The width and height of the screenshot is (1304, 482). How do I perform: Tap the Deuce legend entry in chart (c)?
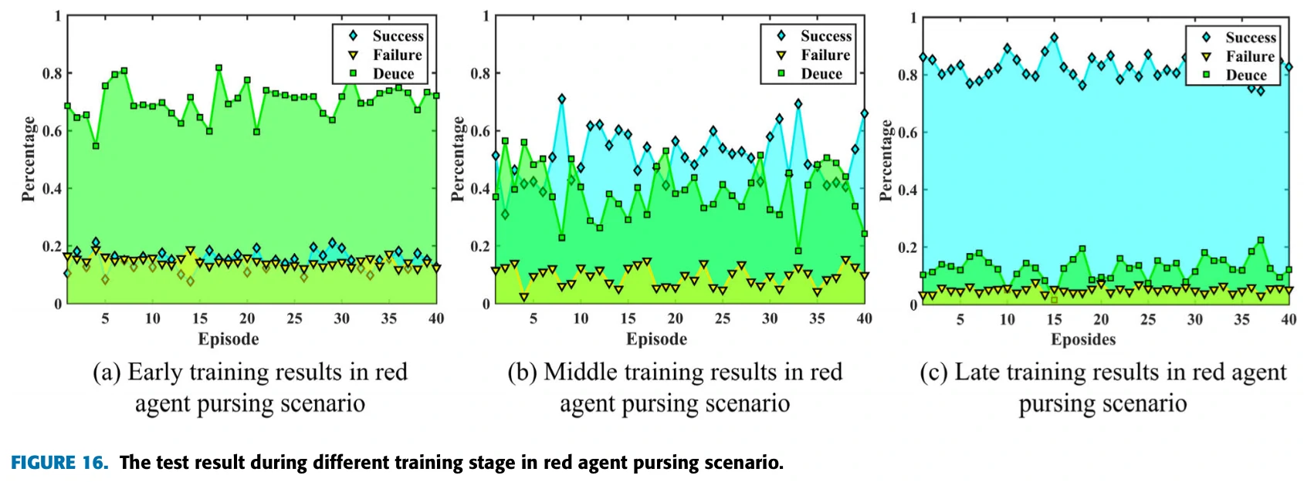[x=1246, y=75]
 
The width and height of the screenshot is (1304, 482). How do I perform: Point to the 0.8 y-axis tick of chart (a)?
[x=52, y=73]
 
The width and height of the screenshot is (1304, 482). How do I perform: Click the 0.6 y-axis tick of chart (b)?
[x=480, y=131]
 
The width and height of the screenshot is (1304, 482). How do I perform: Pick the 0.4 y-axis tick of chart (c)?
[x=909, y=190]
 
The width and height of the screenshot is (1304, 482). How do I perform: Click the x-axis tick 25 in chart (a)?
[x=294, y=319]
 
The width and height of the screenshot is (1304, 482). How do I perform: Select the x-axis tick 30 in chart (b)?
[x=770, y=319]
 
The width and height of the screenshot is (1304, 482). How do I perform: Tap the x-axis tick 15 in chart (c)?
[x=1055, y=319]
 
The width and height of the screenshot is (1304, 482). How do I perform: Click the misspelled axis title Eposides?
[x=1083, y=339]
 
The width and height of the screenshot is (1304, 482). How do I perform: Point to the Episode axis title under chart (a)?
[x=229, y=339]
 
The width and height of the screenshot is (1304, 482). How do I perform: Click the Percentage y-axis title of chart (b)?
[x=458, y=159]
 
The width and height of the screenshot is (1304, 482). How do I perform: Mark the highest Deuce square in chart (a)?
[x=219, y=68]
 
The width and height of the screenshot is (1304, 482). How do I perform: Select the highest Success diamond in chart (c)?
[x=1055, y=37]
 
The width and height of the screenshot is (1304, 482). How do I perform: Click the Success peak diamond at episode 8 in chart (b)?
[x=561, y=99]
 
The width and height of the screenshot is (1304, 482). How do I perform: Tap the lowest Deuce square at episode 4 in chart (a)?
[x=96, y=146]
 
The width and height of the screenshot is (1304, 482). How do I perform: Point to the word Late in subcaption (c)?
[x=974, y=372]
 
